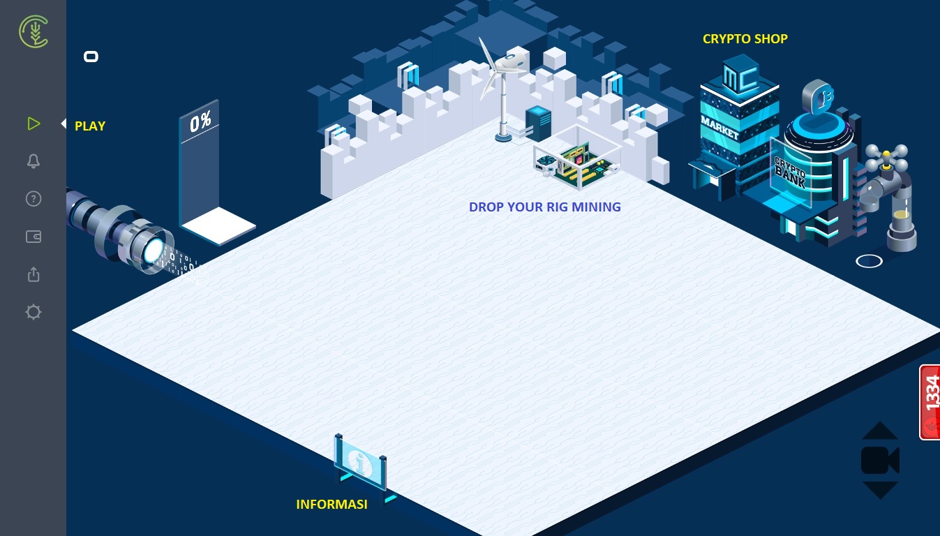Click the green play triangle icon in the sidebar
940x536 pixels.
[x=33, y=124]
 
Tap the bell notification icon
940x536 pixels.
[x=33, y=161]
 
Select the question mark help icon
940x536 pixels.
[x=33, y=199]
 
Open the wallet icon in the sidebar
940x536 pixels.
[x=33, y=237]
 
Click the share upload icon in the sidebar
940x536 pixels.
[x=33, y=274]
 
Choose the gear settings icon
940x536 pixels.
[x=33, y=312]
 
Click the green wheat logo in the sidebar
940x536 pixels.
[x=33, y=31]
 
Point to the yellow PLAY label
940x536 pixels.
[x=90, y=126]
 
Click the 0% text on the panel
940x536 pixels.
[x=200, y=122]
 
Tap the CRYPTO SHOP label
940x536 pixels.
[x=745, y=39]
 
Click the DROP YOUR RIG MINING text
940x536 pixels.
[x=544, y=207]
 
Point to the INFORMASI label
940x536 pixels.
[x=331, y=505]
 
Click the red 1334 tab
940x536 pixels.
[x=930, y=401]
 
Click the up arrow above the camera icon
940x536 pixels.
[x=880, y=431]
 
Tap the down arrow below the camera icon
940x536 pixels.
[x=880, y=489]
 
